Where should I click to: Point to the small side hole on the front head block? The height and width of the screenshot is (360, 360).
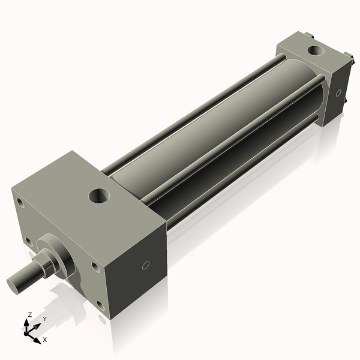[x=145, y=266]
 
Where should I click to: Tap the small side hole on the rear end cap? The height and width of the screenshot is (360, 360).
[x=339, y=93]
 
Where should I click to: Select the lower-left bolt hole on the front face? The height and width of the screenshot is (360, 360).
[x=28, y=242]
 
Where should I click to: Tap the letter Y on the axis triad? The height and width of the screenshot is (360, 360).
[x=44, y=319]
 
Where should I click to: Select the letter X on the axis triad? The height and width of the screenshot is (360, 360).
[x=44, y=340]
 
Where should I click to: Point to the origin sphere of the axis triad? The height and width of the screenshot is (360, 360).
[x=28, y=332]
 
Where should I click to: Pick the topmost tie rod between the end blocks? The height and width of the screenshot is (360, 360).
[x=192, y=114]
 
